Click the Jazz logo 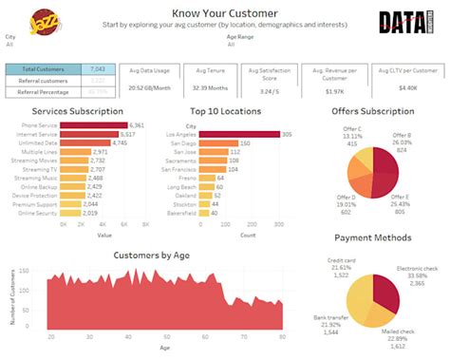44,20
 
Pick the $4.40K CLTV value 408,88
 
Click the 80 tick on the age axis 282,338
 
